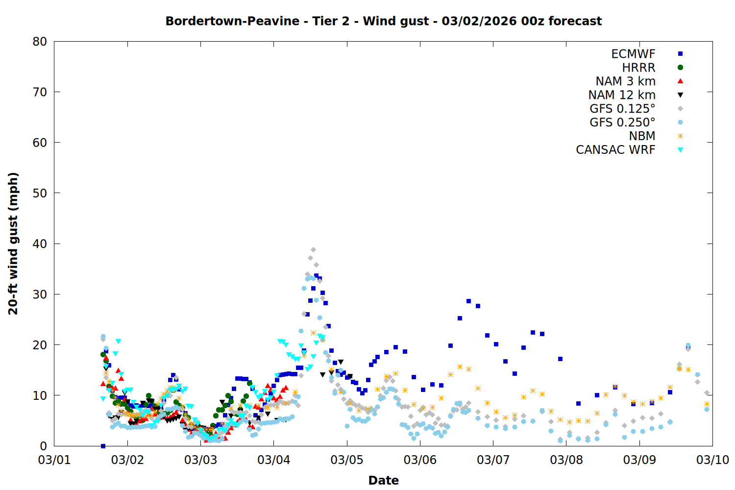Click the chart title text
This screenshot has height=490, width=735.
point(383,21)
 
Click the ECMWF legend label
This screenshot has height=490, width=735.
point(633,54)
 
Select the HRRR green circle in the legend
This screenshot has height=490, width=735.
point(680,68)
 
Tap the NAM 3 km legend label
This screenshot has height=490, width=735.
point(625,81)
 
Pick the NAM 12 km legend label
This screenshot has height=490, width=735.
point(622,95)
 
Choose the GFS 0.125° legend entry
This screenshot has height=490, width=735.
point(622,109)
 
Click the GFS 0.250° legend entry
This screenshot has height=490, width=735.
point(622,122)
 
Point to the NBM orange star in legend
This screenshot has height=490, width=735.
point(680,136)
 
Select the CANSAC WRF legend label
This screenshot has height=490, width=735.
point(615,150)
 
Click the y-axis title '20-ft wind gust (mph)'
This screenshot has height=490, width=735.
point(13,244)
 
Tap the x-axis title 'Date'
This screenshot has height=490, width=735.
point(383,480)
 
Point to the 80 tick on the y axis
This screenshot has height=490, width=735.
point(40,42)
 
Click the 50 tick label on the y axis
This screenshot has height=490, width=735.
point(40,193)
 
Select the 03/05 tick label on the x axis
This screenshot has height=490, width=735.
point(347,460)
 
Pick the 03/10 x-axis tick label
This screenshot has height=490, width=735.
point(712,460)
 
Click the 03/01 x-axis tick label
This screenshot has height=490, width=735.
point(54,460)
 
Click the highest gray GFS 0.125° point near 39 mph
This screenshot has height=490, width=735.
point(313,250)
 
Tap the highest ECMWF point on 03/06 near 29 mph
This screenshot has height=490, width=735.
point(468,301)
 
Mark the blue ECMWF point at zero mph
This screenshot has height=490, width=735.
point(103,446)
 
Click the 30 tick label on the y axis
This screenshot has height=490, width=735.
point(40,294)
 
